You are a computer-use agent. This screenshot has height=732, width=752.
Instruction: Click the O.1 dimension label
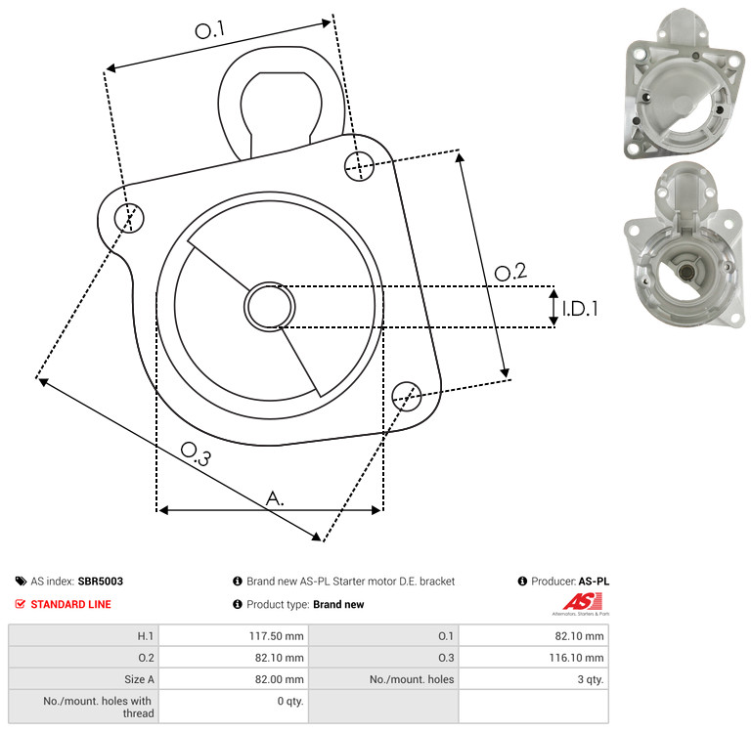tap(210, 30)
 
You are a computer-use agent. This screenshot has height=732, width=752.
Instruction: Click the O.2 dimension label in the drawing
tap(510, 272)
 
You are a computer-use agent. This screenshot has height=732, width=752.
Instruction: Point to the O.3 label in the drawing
tap(196, 453)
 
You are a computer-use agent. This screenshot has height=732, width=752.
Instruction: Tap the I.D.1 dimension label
tap(580, 309)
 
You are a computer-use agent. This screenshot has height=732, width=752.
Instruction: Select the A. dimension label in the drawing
tap(275, 498)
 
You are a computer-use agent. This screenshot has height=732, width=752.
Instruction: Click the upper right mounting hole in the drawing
tap(359, 166)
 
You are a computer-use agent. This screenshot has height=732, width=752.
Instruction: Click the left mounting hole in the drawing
tap(129, 218)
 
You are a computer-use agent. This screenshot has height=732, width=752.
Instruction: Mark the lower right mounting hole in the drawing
tap(407, 396)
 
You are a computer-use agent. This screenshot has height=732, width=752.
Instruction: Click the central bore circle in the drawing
tap(270, 307)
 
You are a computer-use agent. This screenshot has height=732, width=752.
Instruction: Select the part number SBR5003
tap(101, 581)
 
